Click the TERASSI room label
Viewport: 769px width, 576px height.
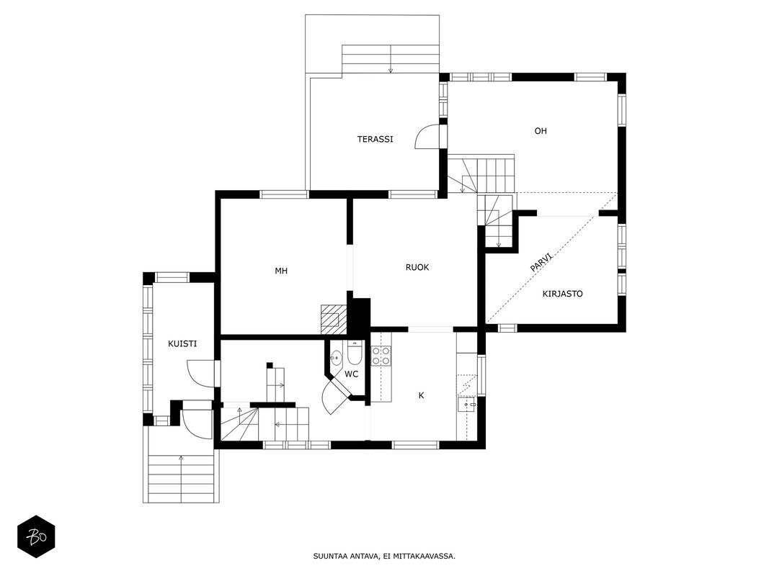point(375,139)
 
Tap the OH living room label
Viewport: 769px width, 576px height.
point(541,131)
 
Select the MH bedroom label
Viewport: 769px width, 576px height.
point(281,271)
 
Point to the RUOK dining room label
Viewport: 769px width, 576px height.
point(417,267)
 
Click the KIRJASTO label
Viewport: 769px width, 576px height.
point(563,294)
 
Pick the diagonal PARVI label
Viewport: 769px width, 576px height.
point(542,262)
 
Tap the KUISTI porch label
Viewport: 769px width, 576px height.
point(182,344)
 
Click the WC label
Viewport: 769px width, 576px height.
point(351,374)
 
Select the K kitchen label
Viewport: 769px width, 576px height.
point(422,395)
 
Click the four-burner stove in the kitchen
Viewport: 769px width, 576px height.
point(381,356)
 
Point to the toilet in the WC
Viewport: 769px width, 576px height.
point(355,353)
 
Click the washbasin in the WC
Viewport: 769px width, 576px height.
point(337,359)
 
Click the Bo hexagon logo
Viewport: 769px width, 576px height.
point(36,536)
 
